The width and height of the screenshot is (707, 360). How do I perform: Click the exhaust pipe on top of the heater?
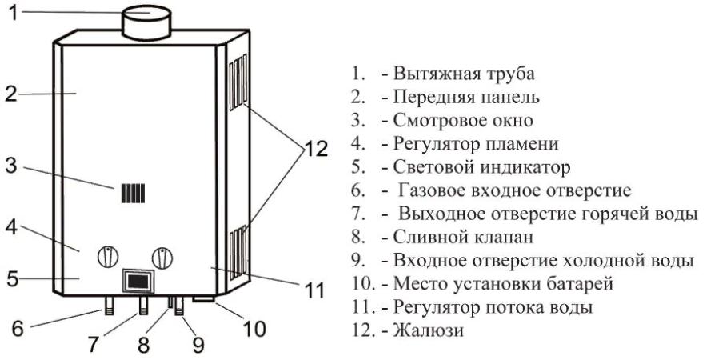146,22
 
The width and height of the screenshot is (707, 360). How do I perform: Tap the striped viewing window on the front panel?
133,193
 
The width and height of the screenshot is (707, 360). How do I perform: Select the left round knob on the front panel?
108,257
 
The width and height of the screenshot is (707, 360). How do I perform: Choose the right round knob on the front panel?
162,258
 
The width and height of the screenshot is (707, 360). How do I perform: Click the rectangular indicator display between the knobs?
137,281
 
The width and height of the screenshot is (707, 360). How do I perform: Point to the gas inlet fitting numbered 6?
109,306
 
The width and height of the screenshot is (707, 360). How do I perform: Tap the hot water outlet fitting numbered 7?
143,306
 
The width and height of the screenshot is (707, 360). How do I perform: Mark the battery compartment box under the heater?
204,299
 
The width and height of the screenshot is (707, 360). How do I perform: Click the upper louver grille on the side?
238,82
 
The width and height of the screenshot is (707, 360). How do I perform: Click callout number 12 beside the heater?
315,149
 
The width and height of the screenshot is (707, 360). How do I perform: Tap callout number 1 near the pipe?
14,12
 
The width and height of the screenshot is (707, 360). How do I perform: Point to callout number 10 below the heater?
255,329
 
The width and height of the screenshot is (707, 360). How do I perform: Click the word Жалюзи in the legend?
428,330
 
